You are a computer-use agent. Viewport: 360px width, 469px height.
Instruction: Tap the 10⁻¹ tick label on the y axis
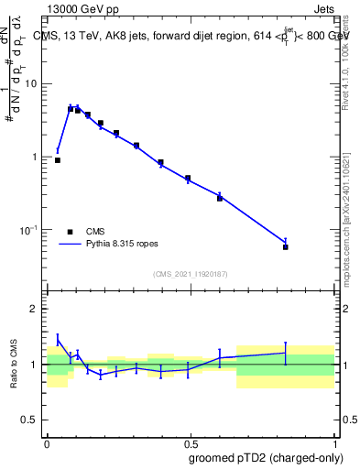(x=31, y=230)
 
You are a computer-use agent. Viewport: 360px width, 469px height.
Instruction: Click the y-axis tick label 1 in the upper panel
(x=38, y=157)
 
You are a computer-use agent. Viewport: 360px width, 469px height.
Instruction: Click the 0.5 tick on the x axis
(x=190, y=442)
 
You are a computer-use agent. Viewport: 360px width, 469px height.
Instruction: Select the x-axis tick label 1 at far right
(x=333, y=442)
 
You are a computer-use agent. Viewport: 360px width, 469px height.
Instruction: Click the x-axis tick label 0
(x=47, y=442)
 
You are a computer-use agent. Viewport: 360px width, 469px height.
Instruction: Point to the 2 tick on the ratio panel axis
(x=38, y=309)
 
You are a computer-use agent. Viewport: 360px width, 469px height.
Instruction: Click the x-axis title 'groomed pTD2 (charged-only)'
(x=266, y=457)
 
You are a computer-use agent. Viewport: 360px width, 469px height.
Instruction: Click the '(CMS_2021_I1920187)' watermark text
(x=190, y=273)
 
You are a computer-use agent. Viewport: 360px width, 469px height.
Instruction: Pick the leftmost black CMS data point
(x=58, y=160)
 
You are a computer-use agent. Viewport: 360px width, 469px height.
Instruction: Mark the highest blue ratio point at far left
(x=58, y=339)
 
